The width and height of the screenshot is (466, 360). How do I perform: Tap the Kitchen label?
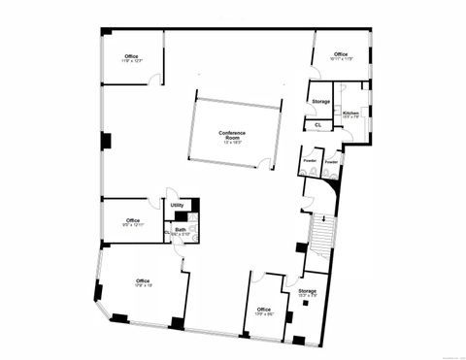[351, 114]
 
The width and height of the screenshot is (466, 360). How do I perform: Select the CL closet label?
[317, 124]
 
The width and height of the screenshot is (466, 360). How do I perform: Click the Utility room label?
[177, 205]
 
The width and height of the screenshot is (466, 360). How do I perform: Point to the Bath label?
[181, 229]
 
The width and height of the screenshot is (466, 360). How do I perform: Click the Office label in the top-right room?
[341, 54]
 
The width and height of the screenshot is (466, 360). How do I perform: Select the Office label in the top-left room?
[132, 55]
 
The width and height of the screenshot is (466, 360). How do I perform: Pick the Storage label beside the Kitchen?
[320, 102]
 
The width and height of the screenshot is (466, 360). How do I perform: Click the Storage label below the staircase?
[307, 291]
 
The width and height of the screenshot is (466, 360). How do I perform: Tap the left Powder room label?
[310, 160]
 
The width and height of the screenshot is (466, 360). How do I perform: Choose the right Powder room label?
[331, 160]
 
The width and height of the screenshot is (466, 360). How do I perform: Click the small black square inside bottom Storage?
[307, 304]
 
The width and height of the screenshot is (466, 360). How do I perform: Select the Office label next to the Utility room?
[133, 220]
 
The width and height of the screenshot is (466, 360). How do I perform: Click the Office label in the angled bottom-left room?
[144, 281]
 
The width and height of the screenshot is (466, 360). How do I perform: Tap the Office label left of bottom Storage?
[264, 310]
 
